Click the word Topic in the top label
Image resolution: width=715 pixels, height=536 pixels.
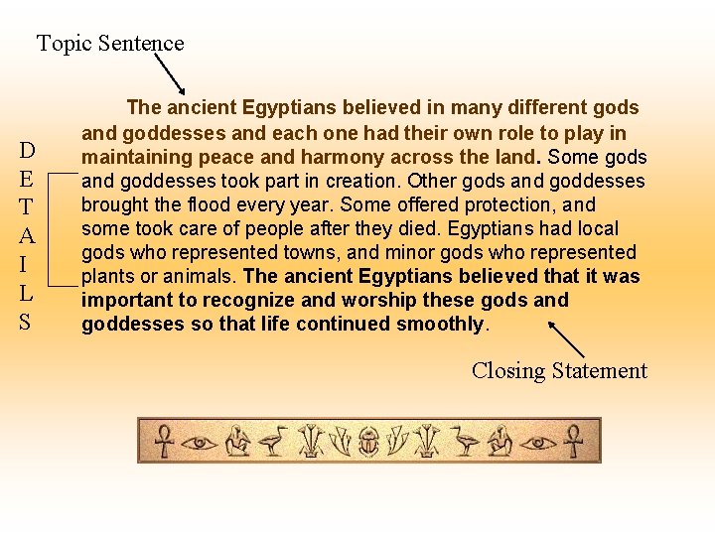(x=65, y=44)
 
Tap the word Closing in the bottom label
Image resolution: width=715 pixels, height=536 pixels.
(x=508, y=371)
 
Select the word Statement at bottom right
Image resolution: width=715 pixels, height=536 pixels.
(x=599, y=371)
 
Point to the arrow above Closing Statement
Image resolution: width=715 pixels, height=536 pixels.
(x=566, y=338)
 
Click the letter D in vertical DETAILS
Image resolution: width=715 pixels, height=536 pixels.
(x=28, y=151)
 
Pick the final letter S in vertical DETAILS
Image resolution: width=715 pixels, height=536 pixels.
(x=28, y=323)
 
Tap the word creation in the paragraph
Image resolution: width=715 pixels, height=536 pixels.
(x=361, y=181)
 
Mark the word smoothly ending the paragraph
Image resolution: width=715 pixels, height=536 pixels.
(x=439, y=324)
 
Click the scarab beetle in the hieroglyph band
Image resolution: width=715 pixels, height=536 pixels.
(x=368, y=441)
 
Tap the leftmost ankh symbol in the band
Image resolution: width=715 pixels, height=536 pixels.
(x=158, y=440)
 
